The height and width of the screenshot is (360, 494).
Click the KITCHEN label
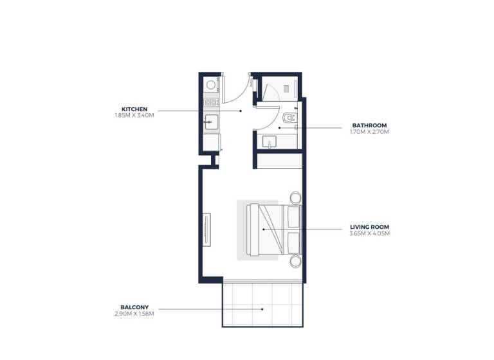point(135,109)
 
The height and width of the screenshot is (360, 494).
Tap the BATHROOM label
point(370,125)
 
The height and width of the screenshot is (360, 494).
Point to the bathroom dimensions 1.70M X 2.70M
point(370,132)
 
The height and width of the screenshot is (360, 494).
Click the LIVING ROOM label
point(370,227)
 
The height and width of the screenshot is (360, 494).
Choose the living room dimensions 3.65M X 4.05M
point(370,233)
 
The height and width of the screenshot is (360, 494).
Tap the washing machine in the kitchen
point(210,85)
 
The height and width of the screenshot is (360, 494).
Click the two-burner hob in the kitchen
point(210,102)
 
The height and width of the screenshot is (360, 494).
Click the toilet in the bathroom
point(288,118)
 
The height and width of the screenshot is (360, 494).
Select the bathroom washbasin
point(270,143)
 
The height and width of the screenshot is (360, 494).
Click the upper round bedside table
point(295,197)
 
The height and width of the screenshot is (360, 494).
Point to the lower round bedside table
point(295,261)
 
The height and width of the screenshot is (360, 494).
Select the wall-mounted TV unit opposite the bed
point(206,229)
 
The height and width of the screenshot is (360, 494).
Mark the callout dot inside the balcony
point(262,309)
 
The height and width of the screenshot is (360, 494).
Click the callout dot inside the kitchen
point(241,111)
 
